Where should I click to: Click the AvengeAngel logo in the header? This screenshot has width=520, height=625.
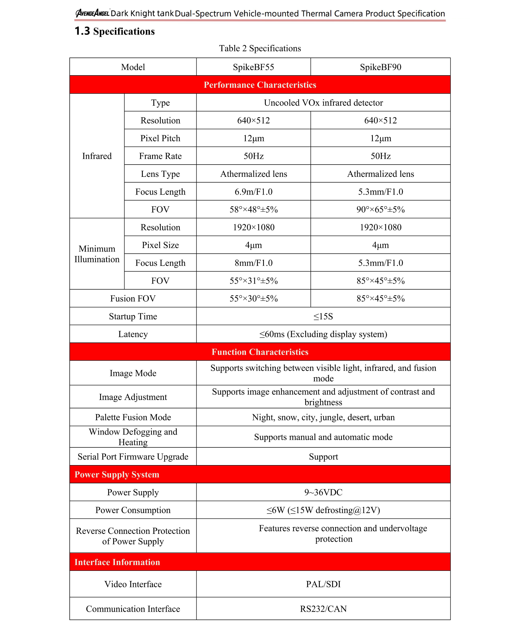pyautogui.click(x=92, y=13)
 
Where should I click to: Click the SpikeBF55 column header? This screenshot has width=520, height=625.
pyautogui.click(x=253, y=67)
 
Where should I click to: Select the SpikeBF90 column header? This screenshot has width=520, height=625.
pyautogui.click(x=380, y=67)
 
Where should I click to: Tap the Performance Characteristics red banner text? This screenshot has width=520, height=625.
pyautogui.click(x=260, y=85)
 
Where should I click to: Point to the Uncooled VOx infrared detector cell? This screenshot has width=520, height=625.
pyautogui.click(x=323, y=103)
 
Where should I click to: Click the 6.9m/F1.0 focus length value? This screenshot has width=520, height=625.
pyautogui.click(x=253, y=192)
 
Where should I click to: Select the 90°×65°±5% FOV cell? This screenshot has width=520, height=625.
pyautogui.click(x=380, y=210)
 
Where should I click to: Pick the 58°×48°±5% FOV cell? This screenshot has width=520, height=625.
pyautogui.click(x=253, y=210)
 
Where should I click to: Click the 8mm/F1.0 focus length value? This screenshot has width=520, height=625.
pyautogui.click(x=253, y=263)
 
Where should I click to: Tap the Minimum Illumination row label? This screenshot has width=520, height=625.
pyautogui.click(x=97, y=254)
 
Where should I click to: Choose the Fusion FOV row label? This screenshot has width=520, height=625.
pyautogui.click(x=133, y=298)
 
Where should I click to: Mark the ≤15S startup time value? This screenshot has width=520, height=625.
pyautogui.click(x=323, y=316)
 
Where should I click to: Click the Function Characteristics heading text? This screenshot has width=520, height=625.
pyautogui.click(x=260, y=352)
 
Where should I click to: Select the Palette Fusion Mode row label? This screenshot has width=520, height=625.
pyautogui.click(x=133, y=417)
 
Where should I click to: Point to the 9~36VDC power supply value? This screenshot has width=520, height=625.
pyautogui.click(x=323, y=492)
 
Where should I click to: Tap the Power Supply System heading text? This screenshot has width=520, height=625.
pyautogui.click(x=117, y=474)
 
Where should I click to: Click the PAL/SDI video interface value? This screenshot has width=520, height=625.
pyautogui.click(x=323, y=584)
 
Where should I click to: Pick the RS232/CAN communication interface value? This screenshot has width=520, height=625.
pyautogui.click(x=323, y=609)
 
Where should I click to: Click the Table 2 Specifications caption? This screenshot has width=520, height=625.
pyautogui.click(x=260, y=48)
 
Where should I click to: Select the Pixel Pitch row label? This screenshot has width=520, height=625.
pyautogui.click(x=160, y=138)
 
